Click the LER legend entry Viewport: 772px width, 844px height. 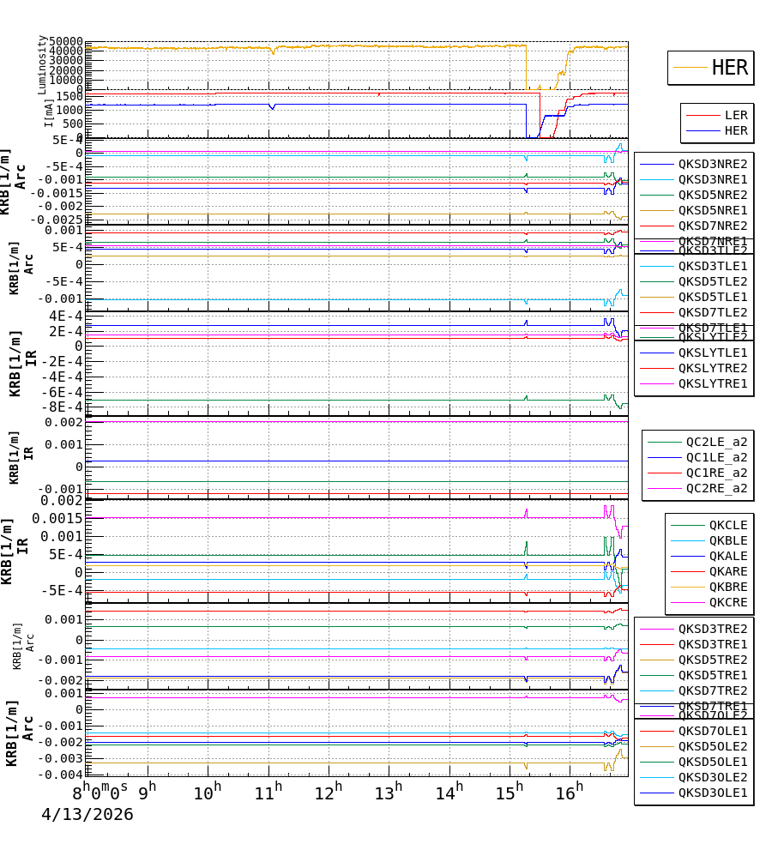click(736, 115)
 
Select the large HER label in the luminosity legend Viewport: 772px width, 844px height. click(730, 68)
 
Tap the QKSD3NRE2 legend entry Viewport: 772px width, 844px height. click(713, 164)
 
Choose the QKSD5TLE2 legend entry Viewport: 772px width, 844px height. click(713, 281)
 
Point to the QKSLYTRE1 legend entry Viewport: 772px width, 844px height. click(713, 383)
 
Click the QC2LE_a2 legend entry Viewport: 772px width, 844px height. click(716, 442)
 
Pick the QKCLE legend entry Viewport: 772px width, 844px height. click(727, 525)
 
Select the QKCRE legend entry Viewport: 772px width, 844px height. click(727, 602)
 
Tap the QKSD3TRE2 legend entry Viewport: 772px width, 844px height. click(713, 629)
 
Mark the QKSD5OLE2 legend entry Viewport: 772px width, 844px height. click(713, 746)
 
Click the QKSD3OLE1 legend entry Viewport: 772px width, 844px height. click(713, 793)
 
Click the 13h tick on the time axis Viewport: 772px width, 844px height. click(389, 791)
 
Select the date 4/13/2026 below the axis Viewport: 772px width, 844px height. click(87, 815)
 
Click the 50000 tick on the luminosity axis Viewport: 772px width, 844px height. click(65, 42)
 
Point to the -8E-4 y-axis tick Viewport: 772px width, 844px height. click(65, 407)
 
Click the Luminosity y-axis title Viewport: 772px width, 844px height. click(42, 64)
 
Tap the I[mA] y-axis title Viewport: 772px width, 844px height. click(49, 112)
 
